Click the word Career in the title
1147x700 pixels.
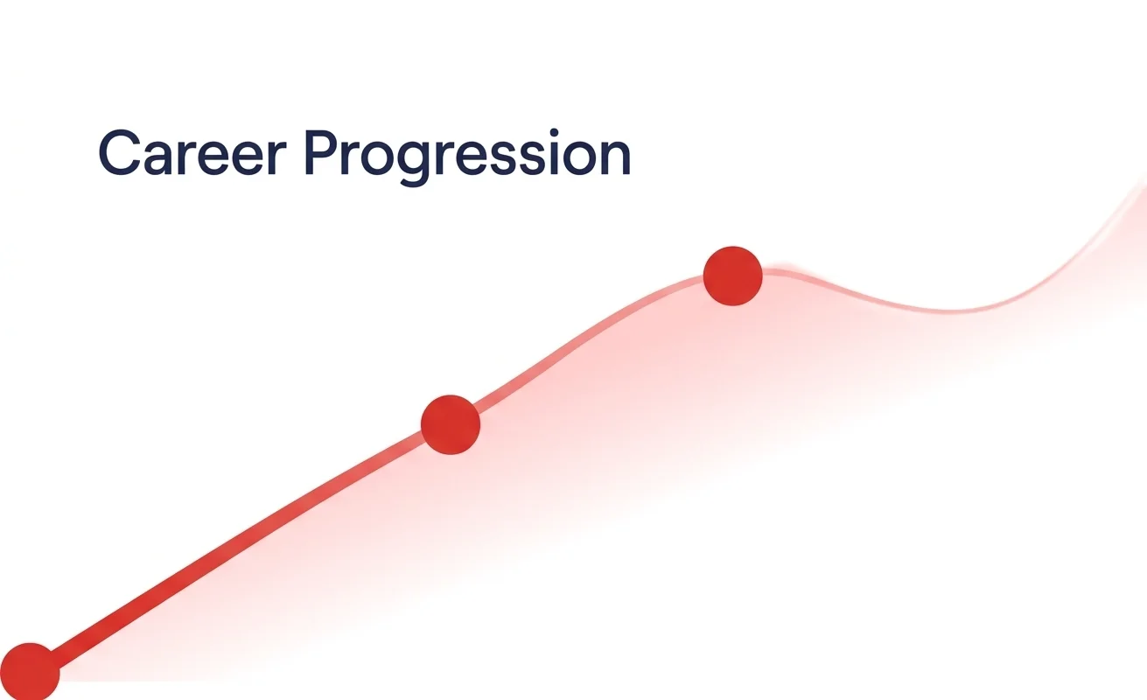click(192, 152)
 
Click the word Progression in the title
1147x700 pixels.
click(467, 157)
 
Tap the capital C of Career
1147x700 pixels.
click(119, 152)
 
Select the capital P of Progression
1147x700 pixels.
click(322, 152)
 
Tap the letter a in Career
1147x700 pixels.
click(158, 157)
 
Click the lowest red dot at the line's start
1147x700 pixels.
click(30, 672)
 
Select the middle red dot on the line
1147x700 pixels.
click(450, 424)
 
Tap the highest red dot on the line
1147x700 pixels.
click(733, 276)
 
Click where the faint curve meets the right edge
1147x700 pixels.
click(1145, 188)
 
